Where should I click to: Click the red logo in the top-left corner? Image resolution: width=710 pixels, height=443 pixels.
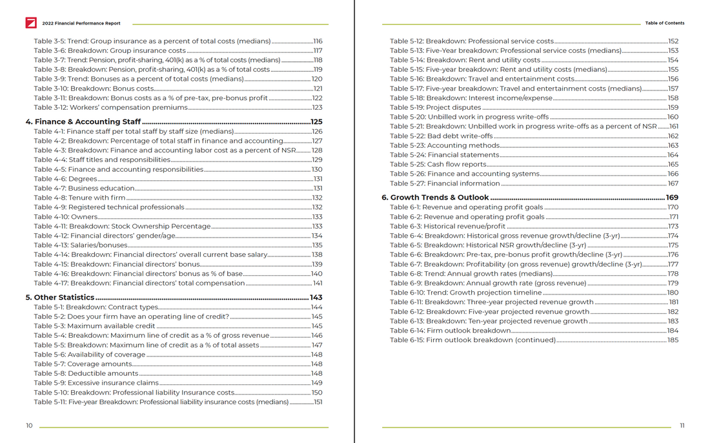pos(31,23)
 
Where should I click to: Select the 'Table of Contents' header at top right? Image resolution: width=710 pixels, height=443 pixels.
pos(664,23)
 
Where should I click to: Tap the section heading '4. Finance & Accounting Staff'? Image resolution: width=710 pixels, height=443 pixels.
pos(83,121)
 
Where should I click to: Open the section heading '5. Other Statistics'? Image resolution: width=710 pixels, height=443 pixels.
pos(60,298)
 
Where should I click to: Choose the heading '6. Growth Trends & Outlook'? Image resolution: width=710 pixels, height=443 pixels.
pos(435,198)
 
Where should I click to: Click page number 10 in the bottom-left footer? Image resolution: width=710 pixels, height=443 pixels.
pos(29,426)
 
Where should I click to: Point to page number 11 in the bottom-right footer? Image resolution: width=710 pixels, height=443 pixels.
pos(682,426)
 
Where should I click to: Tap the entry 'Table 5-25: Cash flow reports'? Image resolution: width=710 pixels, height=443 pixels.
pos(438,165)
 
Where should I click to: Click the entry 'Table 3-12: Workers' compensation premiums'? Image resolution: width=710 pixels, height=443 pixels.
pos(110,108)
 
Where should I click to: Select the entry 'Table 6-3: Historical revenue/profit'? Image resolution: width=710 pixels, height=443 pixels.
pos(448,227)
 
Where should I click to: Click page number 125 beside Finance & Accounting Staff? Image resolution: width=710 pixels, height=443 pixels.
pos(316,121)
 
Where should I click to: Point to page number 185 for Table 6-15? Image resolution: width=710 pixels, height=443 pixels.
pos(673,340)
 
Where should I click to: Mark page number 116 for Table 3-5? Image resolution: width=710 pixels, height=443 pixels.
pos(317,41)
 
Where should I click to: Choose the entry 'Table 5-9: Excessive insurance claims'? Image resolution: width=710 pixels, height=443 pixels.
pos(96,383)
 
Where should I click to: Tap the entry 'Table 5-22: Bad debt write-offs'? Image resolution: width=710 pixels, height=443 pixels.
pos(441,136)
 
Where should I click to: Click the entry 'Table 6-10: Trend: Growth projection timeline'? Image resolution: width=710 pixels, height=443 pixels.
pos(465,293)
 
